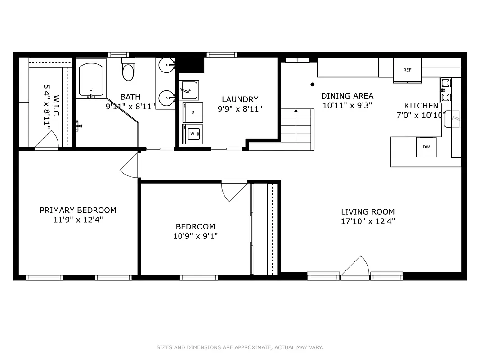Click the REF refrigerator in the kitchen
tap(407, 70)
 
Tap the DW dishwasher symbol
tap(426, 147)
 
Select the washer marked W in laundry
tap(193, 134)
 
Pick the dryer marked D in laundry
tap(193, 112)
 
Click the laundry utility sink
tap(189, 90)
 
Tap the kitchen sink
tap(453, 119)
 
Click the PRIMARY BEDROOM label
tap(78, 210)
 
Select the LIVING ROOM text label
tap(368, 211)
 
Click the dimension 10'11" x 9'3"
tap(347, 106)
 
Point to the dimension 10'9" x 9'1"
tap(195, 236)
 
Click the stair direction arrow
tap(296, 110)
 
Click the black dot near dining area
tap(312, 84)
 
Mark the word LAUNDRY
tap(240, 99)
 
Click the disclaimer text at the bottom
tap(240, 347)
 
